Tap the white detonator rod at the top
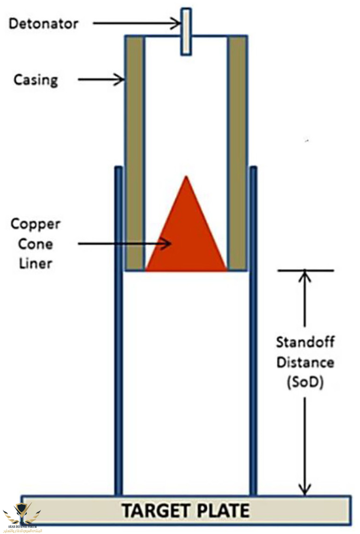[x=186, y=31]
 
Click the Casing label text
[x=36, y=80]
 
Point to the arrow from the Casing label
[x=101, y=80]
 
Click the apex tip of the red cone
[x=187, y=178]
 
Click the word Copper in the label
[x=36, y=224]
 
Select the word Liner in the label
[x=36, y=263]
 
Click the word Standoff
[x=305, y=342]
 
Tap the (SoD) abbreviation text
[x=305, y=383]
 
